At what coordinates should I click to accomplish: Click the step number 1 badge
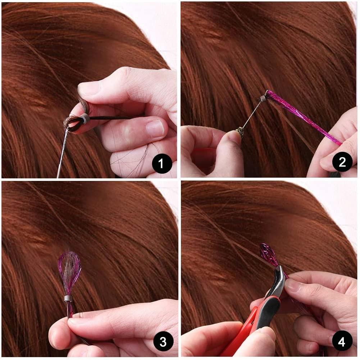tap(160, 164)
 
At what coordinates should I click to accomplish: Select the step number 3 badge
tap(163, 342)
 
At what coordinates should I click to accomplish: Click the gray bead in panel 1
tap(83, 118)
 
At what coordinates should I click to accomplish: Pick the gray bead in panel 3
tap(67, 298)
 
